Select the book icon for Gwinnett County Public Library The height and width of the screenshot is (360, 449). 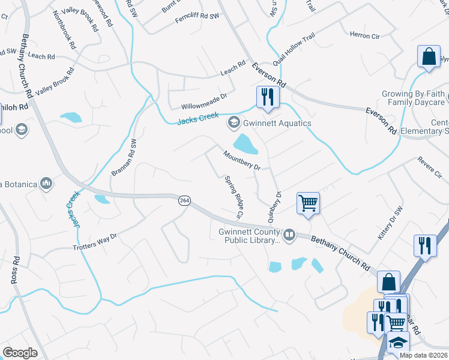[x=289, y=235]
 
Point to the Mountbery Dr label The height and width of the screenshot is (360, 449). [x=241, y=160]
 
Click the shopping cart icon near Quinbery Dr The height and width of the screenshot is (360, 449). [x=308, y=203]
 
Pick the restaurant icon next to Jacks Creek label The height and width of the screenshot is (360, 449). [x=267, y=97]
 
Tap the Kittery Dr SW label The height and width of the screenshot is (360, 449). [x=388, y=223]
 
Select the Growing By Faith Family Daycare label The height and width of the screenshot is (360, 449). [x=414, y=98]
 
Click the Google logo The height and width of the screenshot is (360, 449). [x=20, y=353]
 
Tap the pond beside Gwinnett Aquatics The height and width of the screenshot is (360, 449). [x=245, y=144]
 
